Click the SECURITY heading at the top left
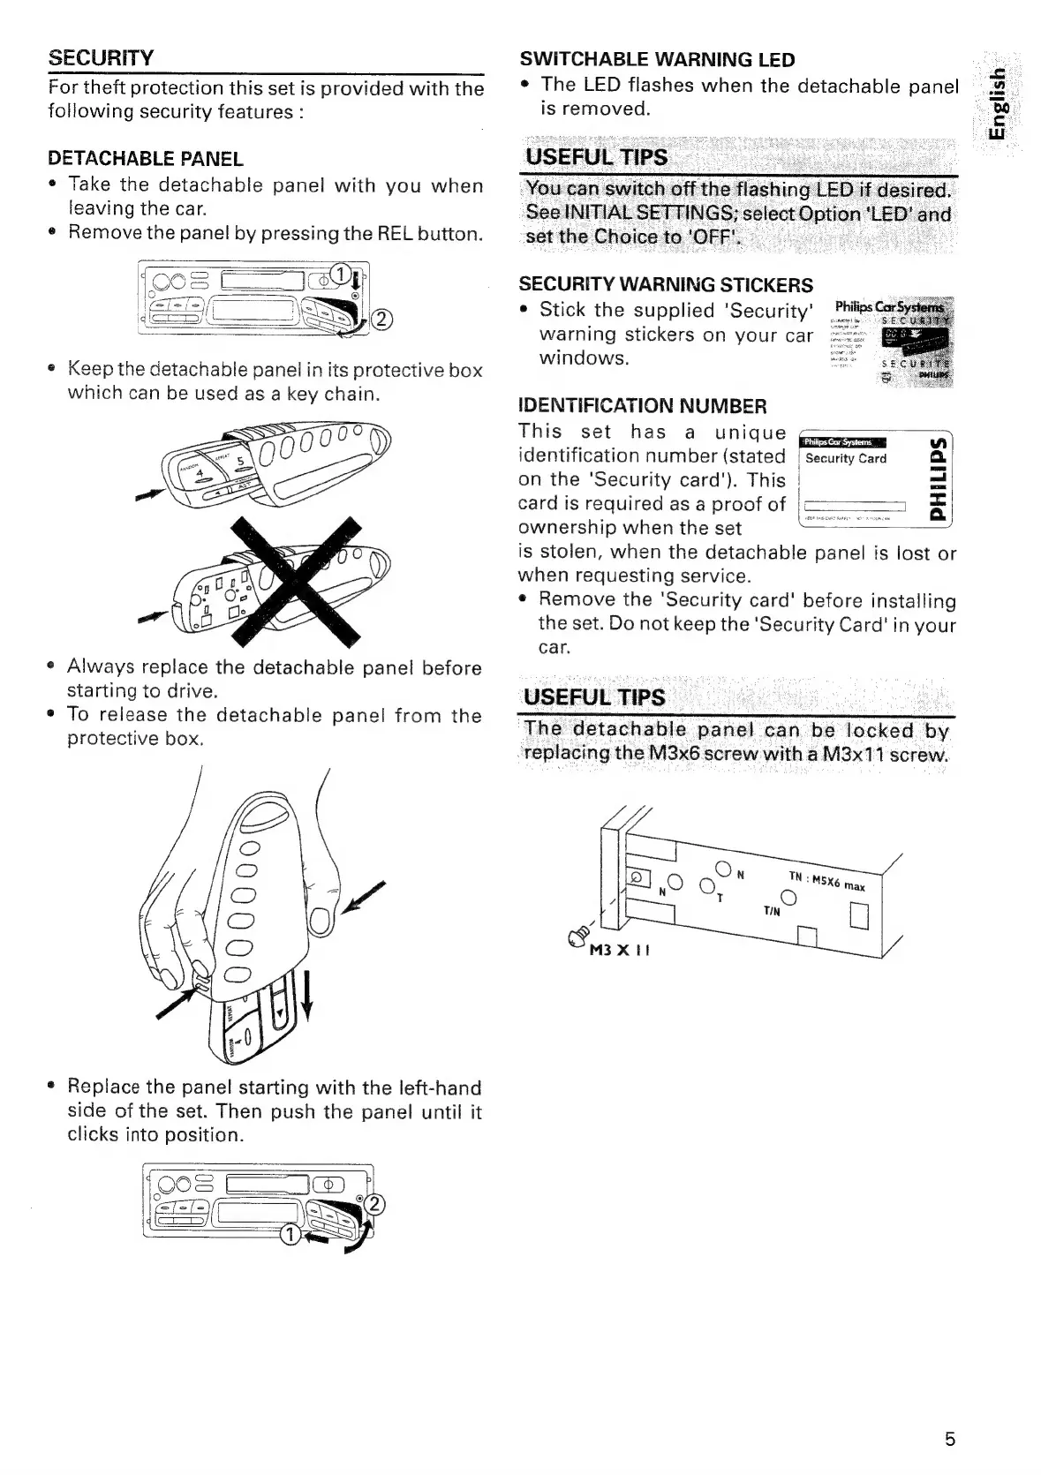click(x=101, y=58)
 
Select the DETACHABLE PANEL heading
click(x=146, y=159)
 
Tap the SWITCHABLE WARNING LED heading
click(x=657, y=60)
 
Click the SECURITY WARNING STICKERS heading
click(x=666, y=285)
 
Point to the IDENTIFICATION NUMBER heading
click(x=642, y=406)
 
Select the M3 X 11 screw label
click(x=618, y=950)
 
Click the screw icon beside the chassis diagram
click(x=581, y=929)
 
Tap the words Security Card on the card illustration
click(x=845, y=459)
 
